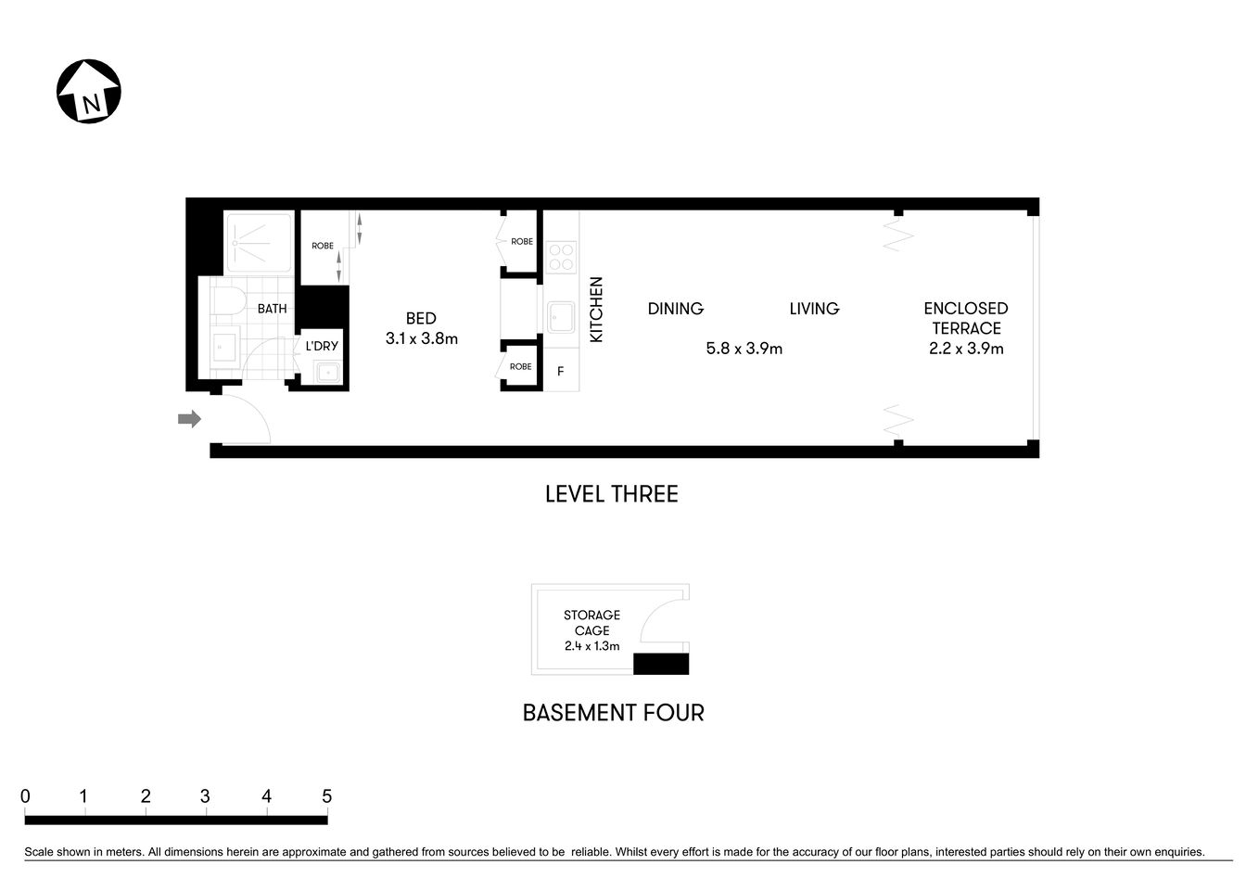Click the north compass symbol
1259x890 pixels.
[90, 92]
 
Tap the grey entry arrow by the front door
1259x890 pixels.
[189, 419]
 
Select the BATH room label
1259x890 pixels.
[272, 309]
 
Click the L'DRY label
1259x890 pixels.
[322, 347]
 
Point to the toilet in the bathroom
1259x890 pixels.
[226, 301]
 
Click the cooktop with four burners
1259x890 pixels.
[561, 255]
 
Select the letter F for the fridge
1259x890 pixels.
[560, 372]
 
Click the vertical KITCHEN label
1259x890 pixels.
[596, 310]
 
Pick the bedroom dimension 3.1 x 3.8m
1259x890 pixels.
[421, 339]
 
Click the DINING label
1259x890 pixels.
[675, 309]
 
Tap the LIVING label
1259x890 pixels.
[814, 309]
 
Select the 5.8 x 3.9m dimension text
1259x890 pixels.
[744, 349]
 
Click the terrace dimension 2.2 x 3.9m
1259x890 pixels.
[966, 349]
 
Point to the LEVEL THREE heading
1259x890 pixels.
[612, 494]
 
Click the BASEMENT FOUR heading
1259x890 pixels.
[613, 713]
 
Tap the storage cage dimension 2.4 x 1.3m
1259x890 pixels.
[591, 646]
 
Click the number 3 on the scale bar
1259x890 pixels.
[205, 796]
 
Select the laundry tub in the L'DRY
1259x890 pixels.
[326, 373]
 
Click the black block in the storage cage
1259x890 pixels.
[661, 664]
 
